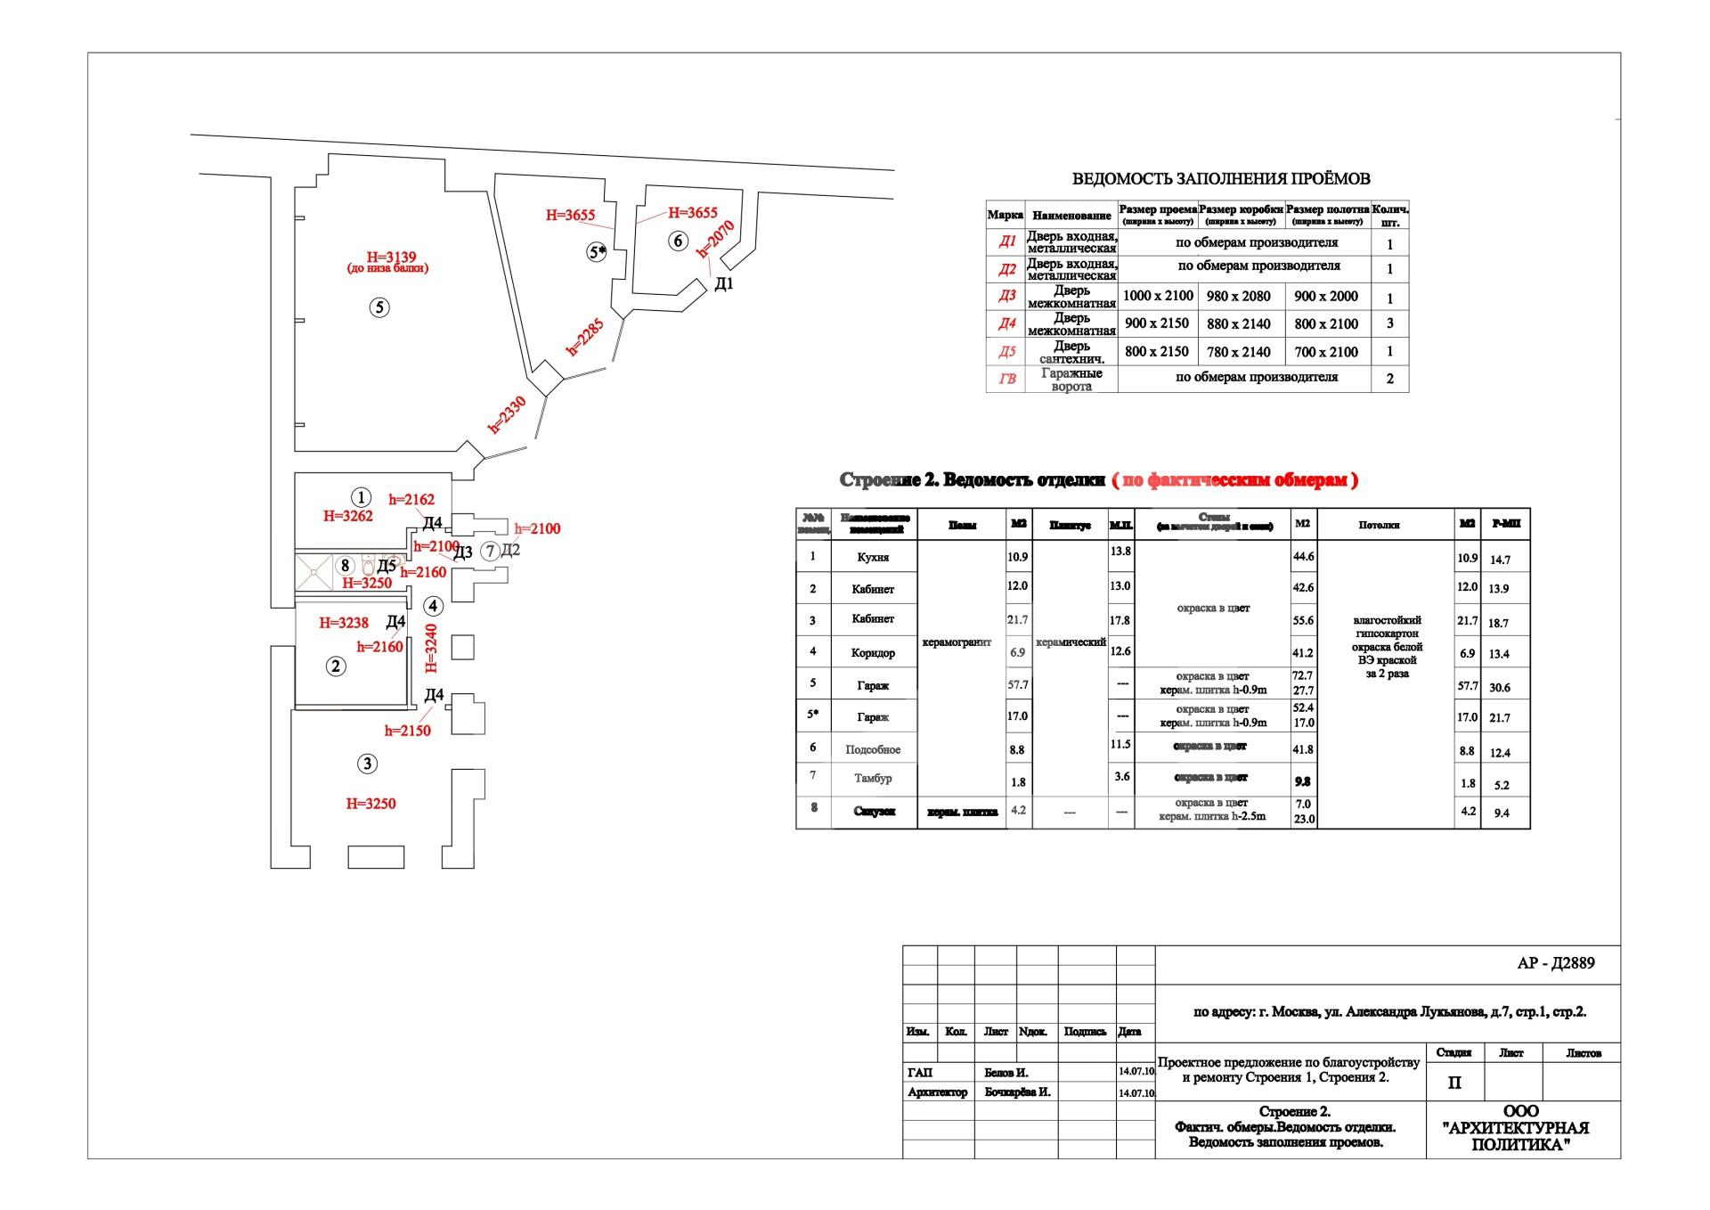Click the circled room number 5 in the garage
[379, 308]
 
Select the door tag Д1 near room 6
[724, 284]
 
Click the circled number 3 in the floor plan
[367, 764]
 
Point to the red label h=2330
[508, 414]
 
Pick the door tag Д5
[386, 566]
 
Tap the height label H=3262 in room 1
[348, 515]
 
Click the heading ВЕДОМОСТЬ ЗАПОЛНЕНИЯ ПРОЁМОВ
[1220, 179]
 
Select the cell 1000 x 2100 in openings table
[1158, 296]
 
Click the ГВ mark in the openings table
[1007, 379]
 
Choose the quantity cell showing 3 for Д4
[1390, 323]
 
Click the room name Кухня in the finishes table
[873, 557]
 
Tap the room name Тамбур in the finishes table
[873, 778]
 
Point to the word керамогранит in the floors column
[957, 642]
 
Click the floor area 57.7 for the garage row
[1017, 685]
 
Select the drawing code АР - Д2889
[1555, 963]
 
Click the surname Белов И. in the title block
[1006, 1073]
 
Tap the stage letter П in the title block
[1454, 1083]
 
